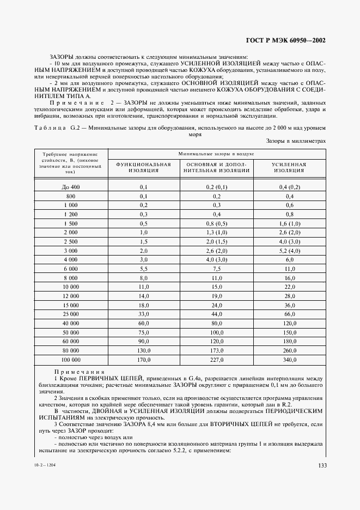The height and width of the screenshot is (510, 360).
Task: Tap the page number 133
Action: click(321, 465)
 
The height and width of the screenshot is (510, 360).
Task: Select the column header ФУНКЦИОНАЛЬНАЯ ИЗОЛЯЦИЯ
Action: click(144, 167)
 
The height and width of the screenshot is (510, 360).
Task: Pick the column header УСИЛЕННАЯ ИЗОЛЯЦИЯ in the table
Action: click(289, 167)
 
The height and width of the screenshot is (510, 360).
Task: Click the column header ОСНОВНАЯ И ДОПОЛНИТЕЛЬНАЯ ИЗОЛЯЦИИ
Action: click(217, 167)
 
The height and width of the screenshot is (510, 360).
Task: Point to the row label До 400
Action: click(71, 187)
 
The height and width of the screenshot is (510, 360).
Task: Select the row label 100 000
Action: click(71, 360)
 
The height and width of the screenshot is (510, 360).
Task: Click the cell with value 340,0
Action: click(289, 360)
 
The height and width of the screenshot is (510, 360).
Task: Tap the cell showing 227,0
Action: click(217, 360)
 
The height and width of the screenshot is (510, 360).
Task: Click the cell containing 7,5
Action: click(217, 269)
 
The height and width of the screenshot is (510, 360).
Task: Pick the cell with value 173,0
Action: click(217, 350)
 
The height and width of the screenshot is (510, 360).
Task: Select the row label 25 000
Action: click(71, 314)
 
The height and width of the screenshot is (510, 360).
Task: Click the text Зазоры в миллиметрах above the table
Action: click(296, 141)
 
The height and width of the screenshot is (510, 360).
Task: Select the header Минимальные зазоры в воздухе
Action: click(217, 154)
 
